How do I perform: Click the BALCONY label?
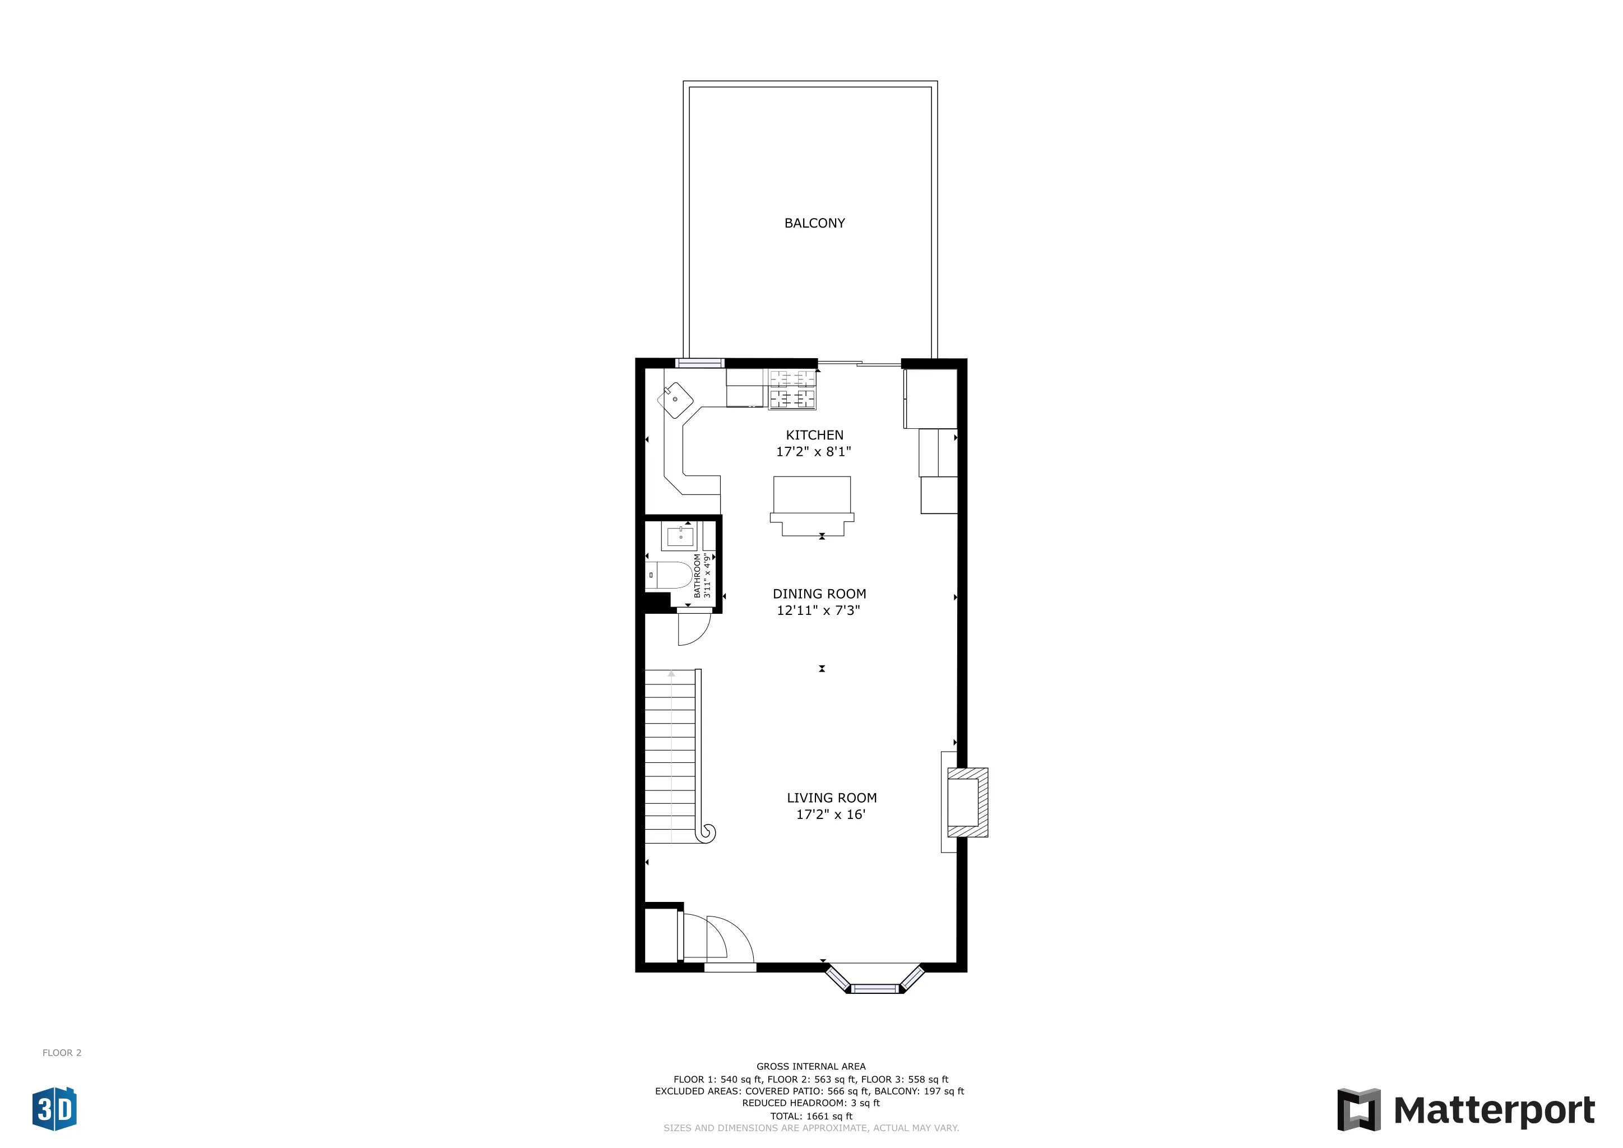point(814,224)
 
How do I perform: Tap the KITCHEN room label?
point(814,436)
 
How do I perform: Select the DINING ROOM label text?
point(819,595)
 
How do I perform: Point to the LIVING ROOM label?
point(831,798)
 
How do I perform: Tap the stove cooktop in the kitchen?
point(792,389)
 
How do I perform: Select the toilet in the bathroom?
point(670,576)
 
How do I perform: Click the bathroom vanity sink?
point(680,537)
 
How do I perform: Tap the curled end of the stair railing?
point(706,834)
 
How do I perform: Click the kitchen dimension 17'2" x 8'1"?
point(814,452)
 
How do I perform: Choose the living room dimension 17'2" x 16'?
point(831,815)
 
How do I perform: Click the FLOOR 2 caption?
point(62,1053)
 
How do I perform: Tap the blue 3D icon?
point(54,1108)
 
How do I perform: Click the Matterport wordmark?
point(1494,1110)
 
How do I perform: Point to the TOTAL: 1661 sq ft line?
point(811,1116)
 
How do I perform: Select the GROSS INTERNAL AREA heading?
point(811,1067)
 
